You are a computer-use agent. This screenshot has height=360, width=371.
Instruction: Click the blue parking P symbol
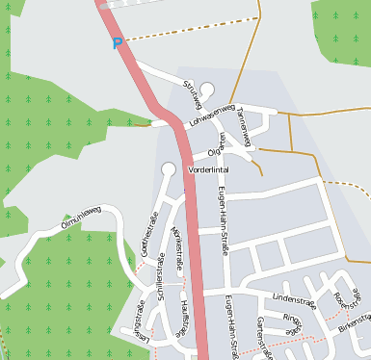click(118, 43)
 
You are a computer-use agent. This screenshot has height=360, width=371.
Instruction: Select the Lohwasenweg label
click(212, 116)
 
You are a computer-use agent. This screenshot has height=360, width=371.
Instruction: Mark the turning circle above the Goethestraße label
click(168, 169)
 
